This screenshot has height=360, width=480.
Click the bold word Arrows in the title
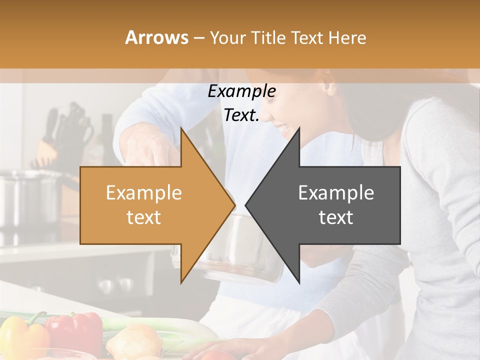click(157, 37)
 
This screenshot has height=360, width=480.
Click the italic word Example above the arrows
click(241, 92)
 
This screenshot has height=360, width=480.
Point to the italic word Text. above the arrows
click(241, 115)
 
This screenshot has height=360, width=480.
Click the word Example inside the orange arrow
click(144, 193)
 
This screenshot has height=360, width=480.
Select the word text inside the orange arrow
click(144, 217)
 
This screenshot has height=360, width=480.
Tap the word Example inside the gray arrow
click(336, 193)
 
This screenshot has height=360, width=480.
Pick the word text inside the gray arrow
click(336, 217)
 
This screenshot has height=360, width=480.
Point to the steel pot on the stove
click(30, 197)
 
